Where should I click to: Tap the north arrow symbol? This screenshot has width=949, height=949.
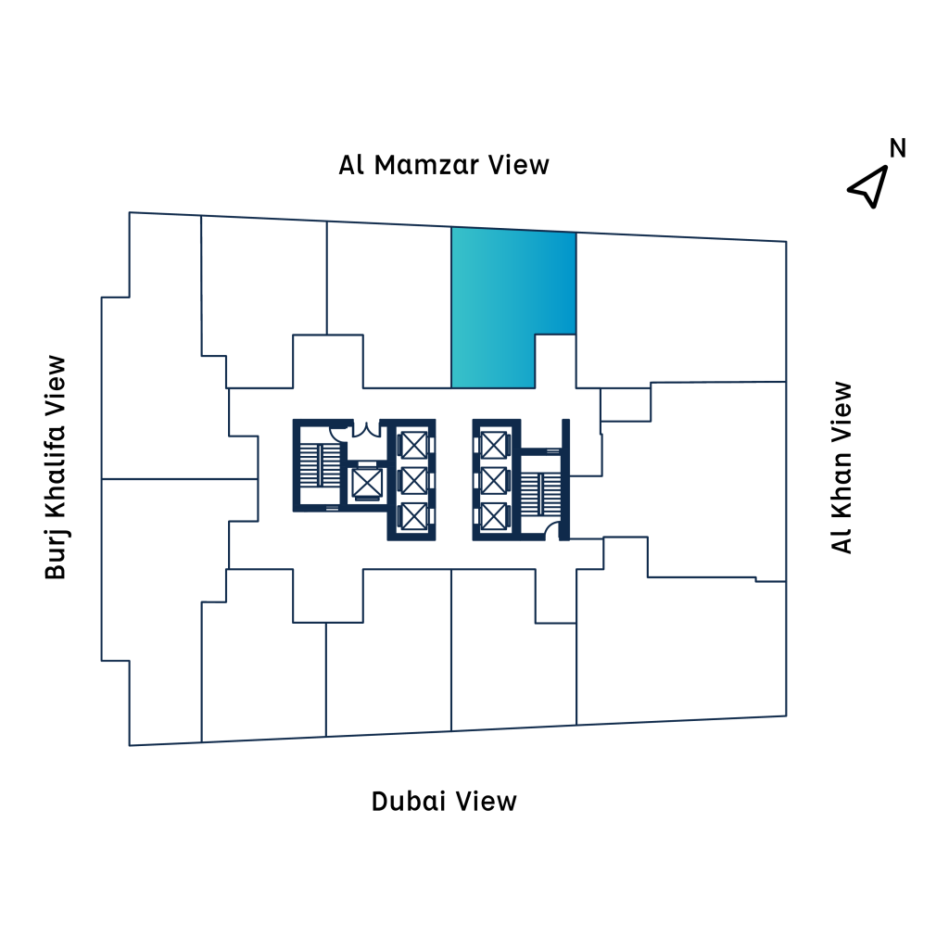pos(867,186)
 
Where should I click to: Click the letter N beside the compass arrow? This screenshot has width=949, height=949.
pos(897,148)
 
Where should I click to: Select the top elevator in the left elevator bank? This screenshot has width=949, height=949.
pos(411,445)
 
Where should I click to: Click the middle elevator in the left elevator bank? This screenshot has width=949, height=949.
pos(411,480)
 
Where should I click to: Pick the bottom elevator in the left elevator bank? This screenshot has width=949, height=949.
pos(411,515)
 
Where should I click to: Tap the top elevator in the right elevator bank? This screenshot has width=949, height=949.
pos(494,445)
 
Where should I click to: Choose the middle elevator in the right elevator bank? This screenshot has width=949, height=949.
pos(494,480)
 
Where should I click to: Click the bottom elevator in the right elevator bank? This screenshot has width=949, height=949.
pos(494,515)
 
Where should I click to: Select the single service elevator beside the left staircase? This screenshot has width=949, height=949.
pos(366,483)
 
